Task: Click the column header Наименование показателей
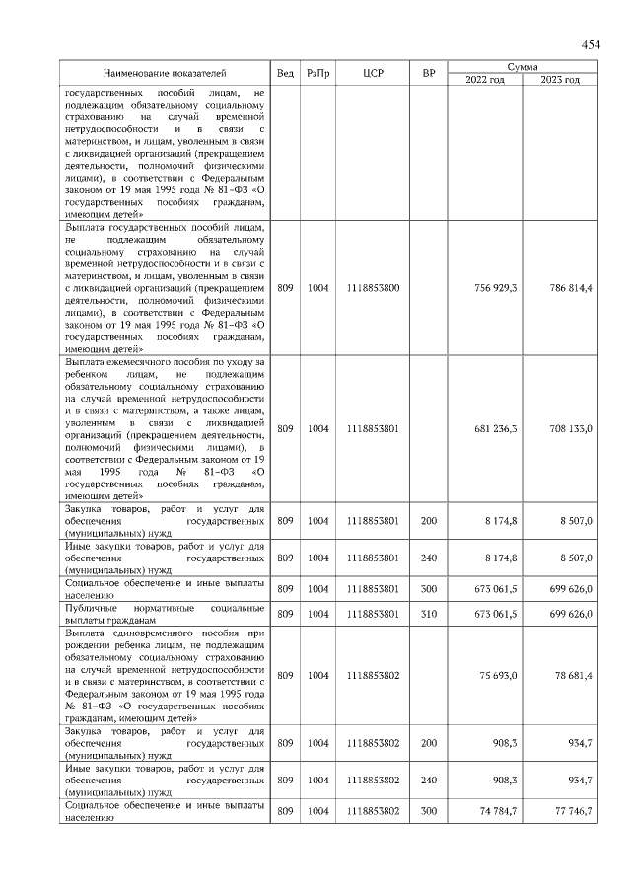165,73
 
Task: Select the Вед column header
285,73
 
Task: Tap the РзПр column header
317,73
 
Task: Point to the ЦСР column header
373,73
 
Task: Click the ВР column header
428,73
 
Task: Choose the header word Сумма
523,66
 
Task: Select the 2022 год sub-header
485,79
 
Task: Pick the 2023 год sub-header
560,79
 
